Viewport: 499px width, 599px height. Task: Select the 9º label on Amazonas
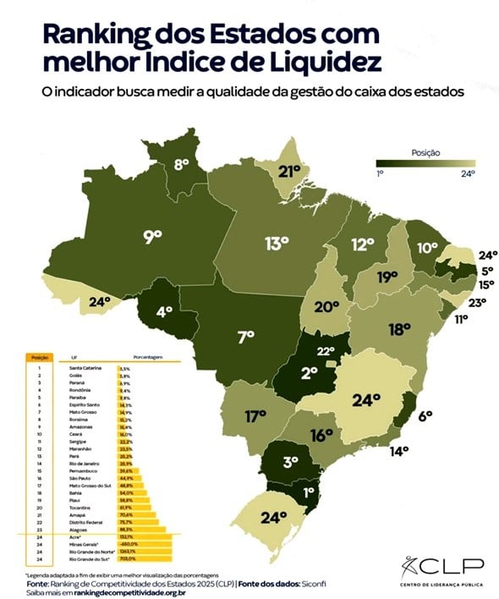152,238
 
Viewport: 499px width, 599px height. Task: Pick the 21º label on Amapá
290,172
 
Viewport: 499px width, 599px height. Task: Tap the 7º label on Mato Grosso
245,337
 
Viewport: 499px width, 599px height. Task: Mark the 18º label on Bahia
399,328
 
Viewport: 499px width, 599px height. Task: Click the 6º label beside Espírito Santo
425,415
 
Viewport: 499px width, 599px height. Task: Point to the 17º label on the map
257,416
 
